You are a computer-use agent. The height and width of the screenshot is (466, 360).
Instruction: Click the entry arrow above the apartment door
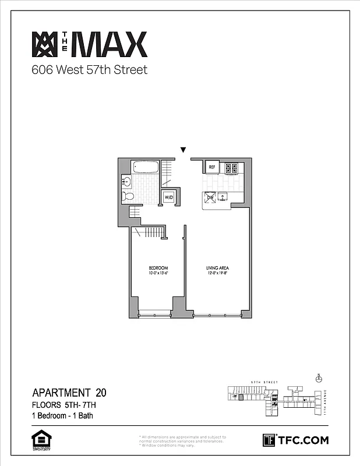pyautogui.click(x=183, y=150)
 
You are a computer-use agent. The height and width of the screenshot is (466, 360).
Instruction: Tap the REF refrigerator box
pyautogui.click(x=211, y=168)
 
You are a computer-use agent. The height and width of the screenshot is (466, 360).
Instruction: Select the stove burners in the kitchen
pyautogui.click(x=232, y=168)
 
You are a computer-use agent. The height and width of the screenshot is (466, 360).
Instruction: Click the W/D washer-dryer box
pyautogui.click(x=168, y=197)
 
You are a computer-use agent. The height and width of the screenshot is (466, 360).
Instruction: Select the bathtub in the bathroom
pyautogui.click(x=146, y=167)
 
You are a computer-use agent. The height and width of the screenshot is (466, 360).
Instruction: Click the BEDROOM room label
pyautogui.click(x=157, y=268)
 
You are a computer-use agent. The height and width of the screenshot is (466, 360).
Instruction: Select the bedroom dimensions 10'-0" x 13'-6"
pyautogui.click(x=157, y=273)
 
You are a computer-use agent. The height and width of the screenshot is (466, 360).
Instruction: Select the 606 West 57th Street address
pyautogui.click(x=89, y=70)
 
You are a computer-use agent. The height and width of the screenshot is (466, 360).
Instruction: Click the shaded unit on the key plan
pyautogui.click(x=241, y=398)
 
